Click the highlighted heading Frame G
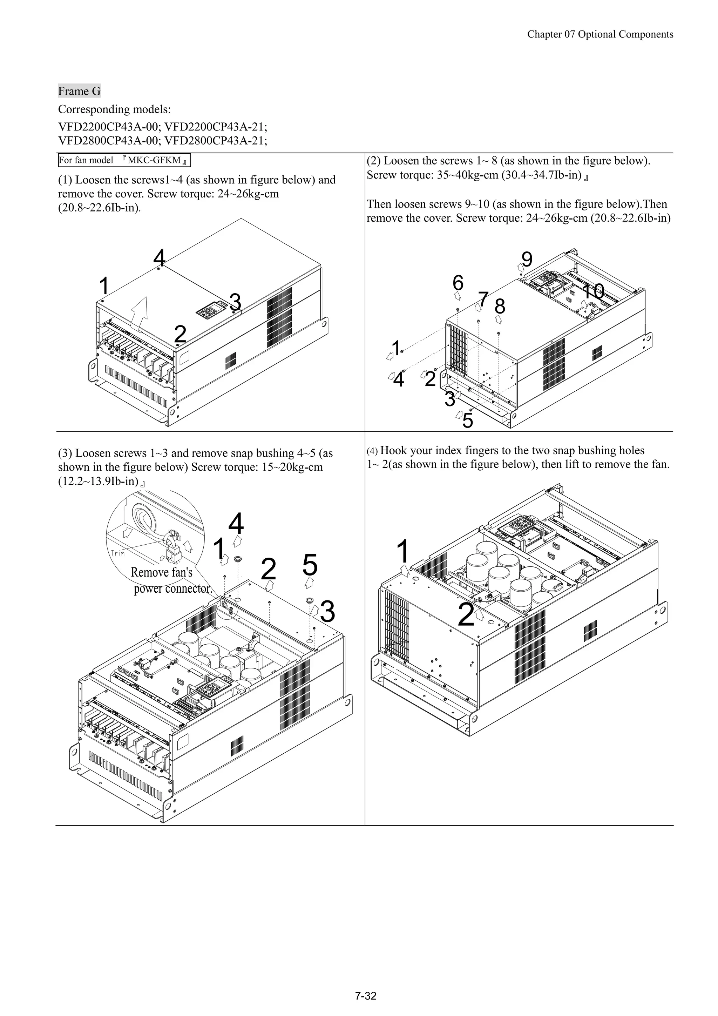tap(79, 91)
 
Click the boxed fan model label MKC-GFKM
tap(124, 160)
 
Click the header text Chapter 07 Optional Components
tap(600, 34)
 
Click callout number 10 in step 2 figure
tap(593, 291)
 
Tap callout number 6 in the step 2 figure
tap(458, 282)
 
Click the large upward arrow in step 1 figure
tap(141, 314)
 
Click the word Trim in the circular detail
tap(118, 553)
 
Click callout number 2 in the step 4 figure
tap(466, 615)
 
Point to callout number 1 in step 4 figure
tap(402, 551)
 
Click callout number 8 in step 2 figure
tap(500, 306)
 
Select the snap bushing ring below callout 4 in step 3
tap(238, 559)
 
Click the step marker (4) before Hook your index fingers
tap(372, 451)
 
